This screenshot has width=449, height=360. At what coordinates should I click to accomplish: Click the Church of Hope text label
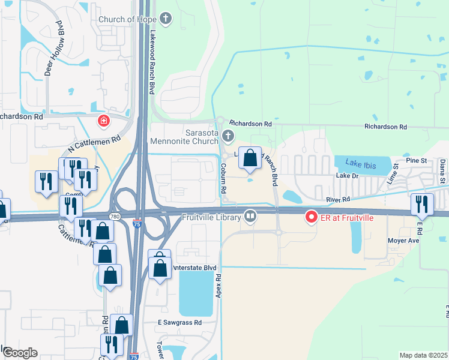pos(126,19)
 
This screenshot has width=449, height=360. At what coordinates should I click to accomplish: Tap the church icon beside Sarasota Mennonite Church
pos(228,135)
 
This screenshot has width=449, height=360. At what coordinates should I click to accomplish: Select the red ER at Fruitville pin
pos(311,217)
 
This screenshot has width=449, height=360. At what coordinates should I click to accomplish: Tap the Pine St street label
pos(415,161)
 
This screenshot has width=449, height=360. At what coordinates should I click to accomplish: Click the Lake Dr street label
pos(346,176)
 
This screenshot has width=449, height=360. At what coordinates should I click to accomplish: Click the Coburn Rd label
pos(223,178)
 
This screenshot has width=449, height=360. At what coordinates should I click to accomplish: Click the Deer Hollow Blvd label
pos(54,48)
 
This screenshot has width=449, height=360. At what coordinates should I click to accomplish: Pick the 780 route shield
pos(114,216)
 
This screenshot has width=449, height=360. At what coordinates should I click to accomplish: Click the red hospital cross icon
pos(104,121)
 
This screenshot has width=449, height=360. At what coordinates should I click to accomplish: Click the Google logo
pos(20,353)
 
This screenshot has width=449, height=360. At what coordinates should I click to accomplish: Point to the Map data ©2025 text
pos(423,355)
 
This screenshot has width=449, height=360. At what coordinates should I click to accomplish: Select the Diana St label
pos(442,172)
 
